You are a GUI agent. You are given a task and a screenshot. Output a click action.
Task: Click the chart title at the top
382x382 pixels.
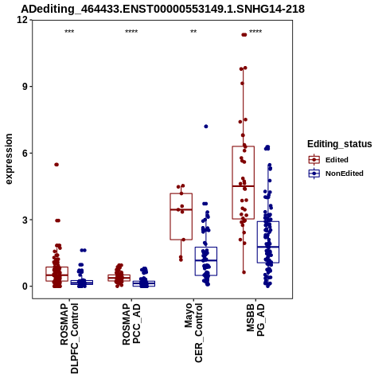[162, 9]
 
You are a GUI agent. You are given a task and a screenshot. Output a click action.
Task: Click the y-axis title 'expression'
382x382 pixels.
[9, 159]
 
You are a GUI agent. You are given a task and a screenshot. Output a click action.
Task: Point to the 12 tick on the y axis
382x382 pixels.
[22, 20]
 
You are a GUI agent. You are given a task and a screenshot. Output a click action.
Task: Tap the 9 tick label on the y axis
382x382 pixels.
[25, 87]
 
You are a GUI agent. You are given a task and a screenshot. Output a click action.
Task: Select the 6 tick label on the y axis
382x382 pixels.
[25, 153]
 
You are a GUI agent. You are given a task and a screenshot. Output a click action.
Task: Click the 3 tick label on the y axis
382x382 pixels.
[25, 220]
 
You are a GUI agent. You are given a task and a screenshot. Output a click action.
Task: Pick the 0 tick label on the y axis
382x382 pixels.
[25, 286]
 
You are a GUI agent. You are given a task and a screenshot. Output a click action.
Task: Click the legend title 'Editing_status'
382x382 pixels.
[339, 144]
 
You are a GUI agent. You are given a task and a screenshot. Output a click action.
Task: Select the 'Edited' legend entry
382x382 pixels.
[328, 160]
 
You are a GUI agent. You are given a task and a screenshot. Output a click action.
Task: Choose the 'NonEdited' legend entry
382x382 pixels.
[336, 173]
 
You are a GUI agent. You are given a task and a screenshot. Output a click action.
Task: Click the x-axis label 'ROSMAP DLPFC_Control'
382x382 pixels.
[69, 338]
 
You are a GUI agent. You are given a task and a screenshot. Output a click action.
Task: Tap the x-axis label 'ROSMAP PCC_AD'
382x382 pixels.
[131, 324]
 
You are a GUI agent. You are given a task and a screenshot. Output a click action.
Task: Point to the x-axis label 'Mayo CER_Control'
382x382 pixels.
[193, 333]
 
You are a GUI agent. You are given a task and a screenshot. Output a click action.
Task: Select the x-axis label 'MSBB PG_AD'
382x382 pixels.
[255, 320]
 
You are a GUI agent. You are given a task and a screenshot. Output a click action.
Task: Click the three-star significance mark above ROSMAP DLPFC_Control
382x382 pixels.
[69, 32]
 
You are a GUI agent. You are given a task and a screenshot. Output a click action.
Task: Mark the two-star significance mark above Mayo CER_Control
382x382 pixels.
[193, 31]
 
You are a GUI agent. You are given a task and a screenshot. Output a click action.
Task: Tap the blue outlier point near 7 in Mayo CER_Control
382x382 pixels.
[206, 127]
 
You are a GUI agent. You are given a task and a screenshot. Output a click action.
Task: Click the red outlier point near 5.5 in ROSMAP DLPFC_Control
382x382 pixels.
[57, 165]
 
